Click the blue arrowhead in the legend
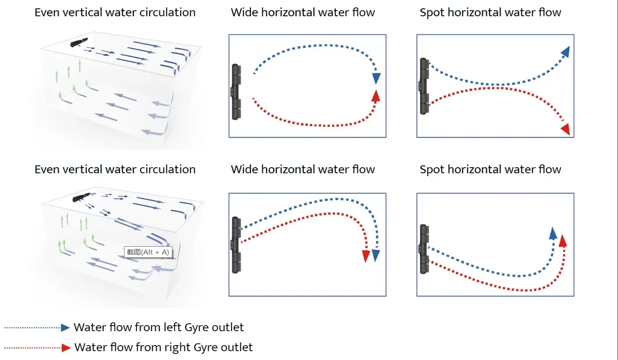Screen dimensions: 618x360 click(x=65, y=327)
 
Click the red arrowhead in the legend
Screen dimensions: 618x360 click(x=66, y=347)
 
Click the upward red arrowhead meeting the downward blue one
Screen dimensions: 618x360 click(x=375, y=95)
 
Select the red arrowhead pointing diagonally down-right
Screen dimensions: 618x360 click(x=565, y=130)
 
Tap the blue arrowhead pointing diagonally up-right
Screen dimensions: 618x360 click(x=565, y=52)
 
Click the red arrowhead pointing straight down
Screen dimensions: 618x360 click(x=366, y=256)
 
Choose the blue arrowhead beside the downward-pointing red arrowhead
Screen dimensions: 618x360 click(x=376, y=255)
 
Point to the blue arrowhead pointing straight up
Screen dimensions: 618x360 click(x=553, y=233)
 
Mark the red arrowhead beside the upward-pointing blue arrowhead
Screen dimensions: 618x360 click(x=563, y=241)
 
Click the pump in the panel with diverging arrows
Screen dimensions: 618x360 click(x=424, y=86)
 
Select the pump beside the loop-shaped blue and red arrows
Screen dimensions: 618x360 click(x=236, y=92)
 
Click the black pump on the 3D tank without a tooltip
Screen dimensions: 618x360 click(x=79, y=42)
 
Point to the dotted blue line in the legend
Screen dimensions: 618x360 click(x=33, y=328)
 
